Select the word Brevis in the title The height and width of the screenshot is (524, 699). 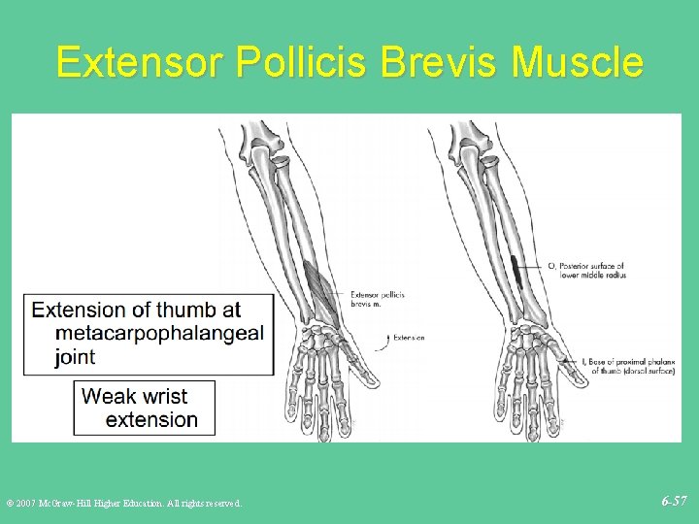pyautogui.click(x=441, y=62)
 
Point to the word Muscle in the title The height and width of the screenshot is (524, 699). pyautogui.click(x=578, y=62)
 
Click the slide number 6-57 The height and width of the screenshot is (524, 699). pyautogui.click(x=674, y=501)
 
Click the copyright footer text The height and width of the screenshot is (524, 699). pyautogui.click(x=123, y=503)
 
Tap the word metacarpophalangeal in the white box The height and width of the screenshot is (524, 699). pyautogui.click(x=160, y=334)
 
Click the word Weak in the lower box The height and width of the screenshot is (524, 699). pyautogui.click(x=109, y=396)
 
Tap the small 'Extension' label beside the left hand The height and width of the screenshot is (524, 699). pyautogui.click(x=409, y=338)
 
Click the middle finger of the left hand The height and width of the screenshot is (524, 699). pyautogui.click(x=321, y=398)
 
